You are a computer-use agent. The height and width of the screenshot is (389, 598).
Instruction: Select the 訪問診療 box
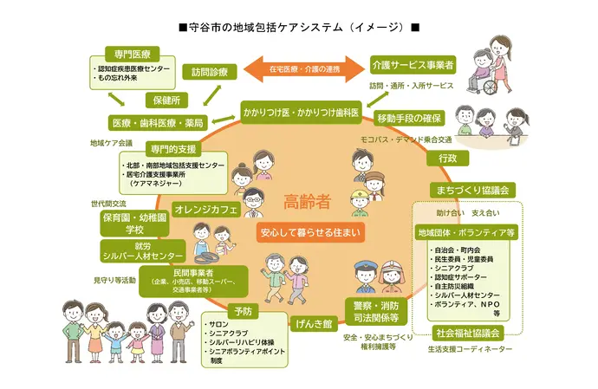coord(210,72)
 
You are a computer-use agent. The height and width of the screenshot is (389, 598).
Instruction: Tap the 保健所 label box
coord(164,100)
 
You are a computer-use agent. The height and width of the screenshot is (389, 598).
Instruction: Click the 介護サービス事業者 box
coord(413,65)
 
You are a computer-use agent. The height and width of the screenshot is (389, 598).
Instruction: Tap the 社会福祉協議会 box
coord(469,333)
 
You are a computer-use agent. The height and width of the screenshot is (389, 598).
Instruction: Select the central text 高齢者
coord(308,203)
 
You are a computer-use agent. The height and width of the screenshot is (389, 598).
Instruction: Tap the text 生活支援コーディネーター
coord(469,348)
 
